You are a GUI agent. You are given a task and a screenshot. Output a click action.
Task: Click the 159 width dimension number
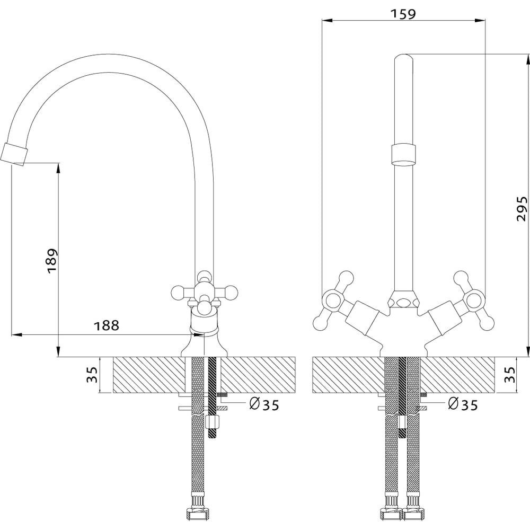pos(403,14)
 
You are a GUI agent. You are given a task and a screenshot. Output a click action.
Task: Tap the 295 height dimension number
pos(522,208)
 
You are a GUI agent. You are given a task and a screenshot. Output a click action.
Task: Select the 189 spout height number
pos(52,261)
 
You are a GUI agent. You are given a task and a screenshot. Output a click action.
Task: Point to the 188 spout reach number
pos(107,325)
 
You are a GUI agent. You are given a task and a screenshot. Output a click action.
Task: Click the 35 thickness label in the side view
pos(92,375)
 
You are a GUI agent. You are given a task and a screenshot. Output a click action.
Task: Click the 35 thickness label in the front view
pos(510,375)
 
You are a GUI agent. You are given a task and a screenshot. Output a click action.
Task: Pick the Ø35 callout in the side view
pos(264,404)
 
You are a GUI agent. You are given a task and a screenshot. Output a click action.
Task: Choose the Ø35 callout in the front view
pos(463,404)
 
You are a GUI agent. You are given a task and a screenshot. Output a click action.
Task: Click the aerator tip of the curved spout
pos(14,154)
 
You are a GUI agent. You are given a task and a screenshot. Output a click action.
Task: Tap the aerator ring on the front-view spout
pos(403,155)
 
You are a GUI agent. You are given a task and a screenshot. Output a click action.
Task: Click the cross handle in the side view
pos(204,291)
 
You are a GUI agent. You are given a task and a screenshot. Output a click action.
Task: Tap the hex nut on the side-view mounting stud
pos(213,422)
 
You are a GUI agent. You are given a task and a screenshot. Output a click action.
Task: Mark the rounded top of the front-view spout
pos(403,58)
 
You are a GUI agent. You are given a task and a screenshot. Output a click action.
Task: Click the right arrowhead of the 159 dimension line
pos(480,20)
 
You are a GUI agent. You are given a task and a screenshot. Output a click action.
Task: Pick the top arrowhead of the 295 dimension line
pos(528,60)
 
